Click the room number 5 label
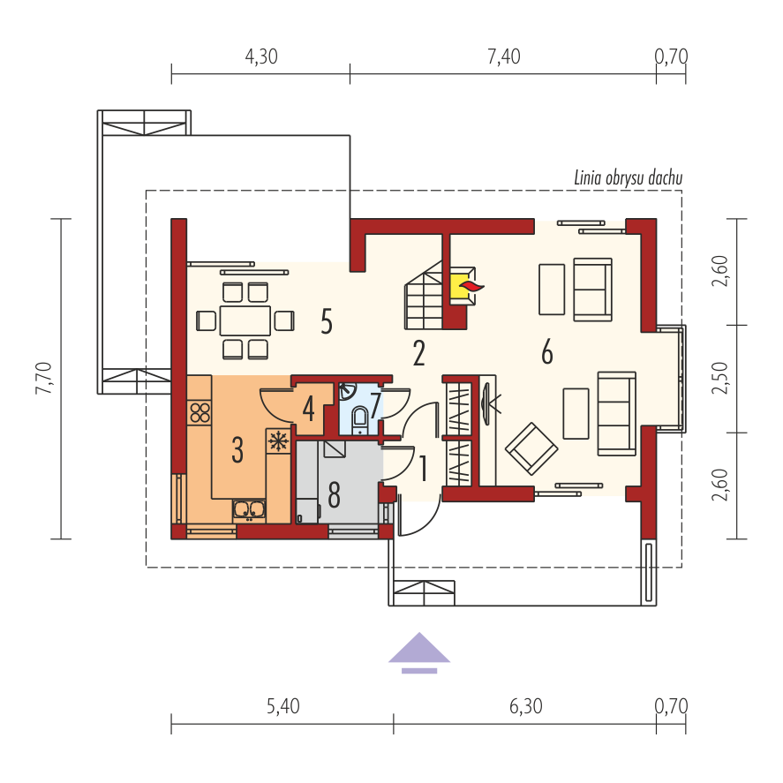(327, 321)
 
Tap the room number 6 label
(547, 351)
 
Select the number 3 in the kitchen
(237, 450)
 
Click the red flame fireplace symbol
(471, 286)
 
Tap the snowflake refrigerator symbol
(278, 441)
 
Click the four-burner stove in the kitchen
(200, 412)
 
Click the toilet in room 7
(359, 418)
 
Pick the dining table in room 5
(245, 320)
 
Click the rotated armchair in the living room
(531, 448)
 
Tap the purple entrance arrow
(419, 652)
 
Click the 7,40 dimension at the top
(504, 56)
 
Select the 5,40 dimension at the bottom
(283, 706)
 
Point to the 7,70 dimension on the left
(44, 379)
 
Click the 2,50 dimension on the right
(720, 378)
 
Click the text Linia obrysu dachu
(629, 178)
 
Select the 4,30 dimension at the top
(261, 56)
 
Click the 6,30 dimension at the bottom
(526, 706)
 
